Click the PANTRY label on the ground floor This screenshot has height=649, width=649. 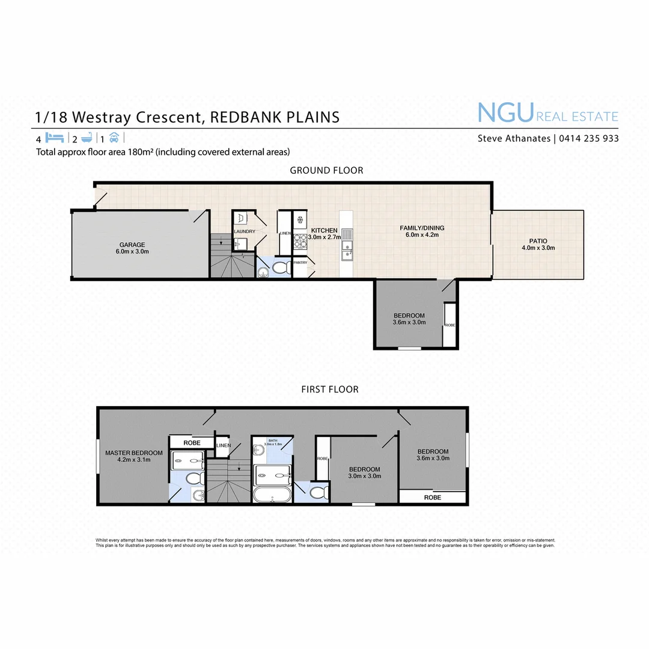tap(300, 262)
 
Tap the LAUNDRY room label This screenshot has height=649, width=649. tap(245, 231)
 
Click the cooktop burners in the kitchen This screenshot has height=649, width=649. tap(300, 242)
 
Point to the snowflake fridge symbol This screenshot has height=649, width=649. tap(300, 219)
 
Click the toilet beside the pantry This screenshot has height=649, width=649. tap(280, 267)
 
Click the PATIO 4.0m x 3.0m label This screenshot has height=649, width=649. tap(538, 245)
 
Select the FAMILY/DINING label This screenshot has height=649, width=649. tap(419, 231)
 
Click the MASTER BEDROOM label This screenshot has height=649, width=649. tap(134, 456)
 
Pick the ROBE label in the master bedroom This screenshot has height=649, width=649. tap(192, 442)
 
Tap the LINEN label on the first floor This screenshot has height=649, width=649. tap(223, 445)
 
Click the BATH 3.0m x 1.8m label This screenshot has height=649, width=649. tap(273, 442)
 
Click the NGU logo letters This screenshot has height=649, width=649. tap(505, 112)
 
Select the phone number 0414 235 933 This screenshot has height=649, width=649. tap(589, 138)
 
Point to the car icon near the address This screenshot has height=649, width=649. tap(114, 136)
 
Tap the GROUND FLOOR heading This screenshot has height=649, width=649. tap(326, 170)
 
